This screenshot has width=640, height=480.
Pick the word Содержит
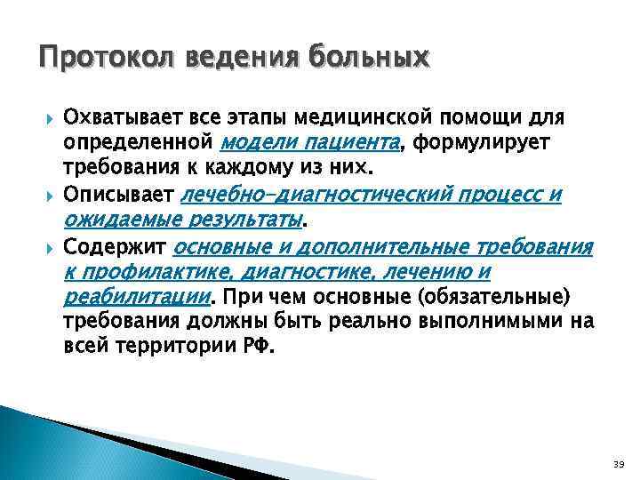click(114, 245)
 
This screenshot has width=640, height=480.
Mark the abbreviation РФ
click(259, 346)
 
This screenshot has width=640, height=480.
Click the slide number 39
click(618, 464)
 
